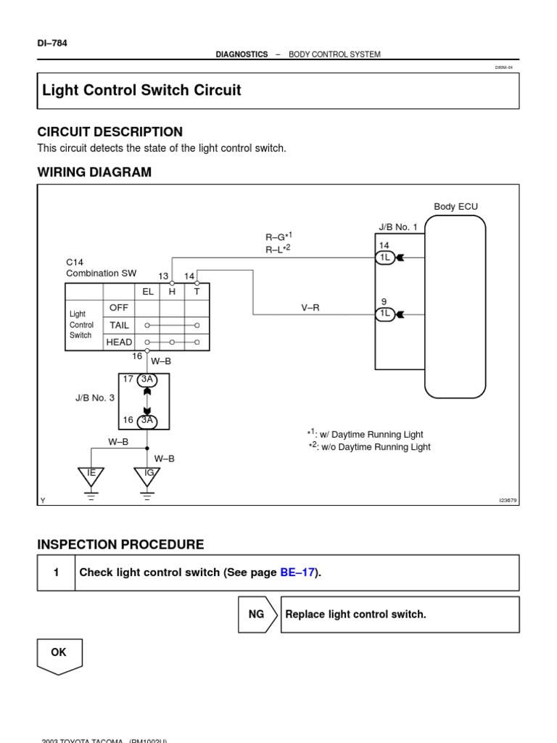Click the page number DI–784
point(51,42)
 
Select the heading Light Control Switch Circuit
point(141,91)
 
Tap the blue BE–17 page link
point(297,572)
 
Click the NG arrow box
point(257,615)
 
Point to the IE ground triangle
point(91,476)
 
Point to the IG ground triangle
point(148,476)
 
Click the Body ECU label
point(455,207)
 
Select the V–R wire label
point(310,308)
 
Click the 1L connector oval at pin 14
point(385,258)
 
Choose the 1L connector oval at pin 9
point(385,313)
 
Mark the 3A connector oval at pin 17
point(147,379)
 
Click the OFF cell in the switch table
point(119,308)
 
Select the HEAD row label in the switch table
point(119,342)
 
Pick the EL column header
point(148,291)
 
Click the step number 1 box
point(56,572)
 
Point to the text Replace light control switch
point(355,615)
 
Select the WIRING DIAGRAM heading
point(94,172)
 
